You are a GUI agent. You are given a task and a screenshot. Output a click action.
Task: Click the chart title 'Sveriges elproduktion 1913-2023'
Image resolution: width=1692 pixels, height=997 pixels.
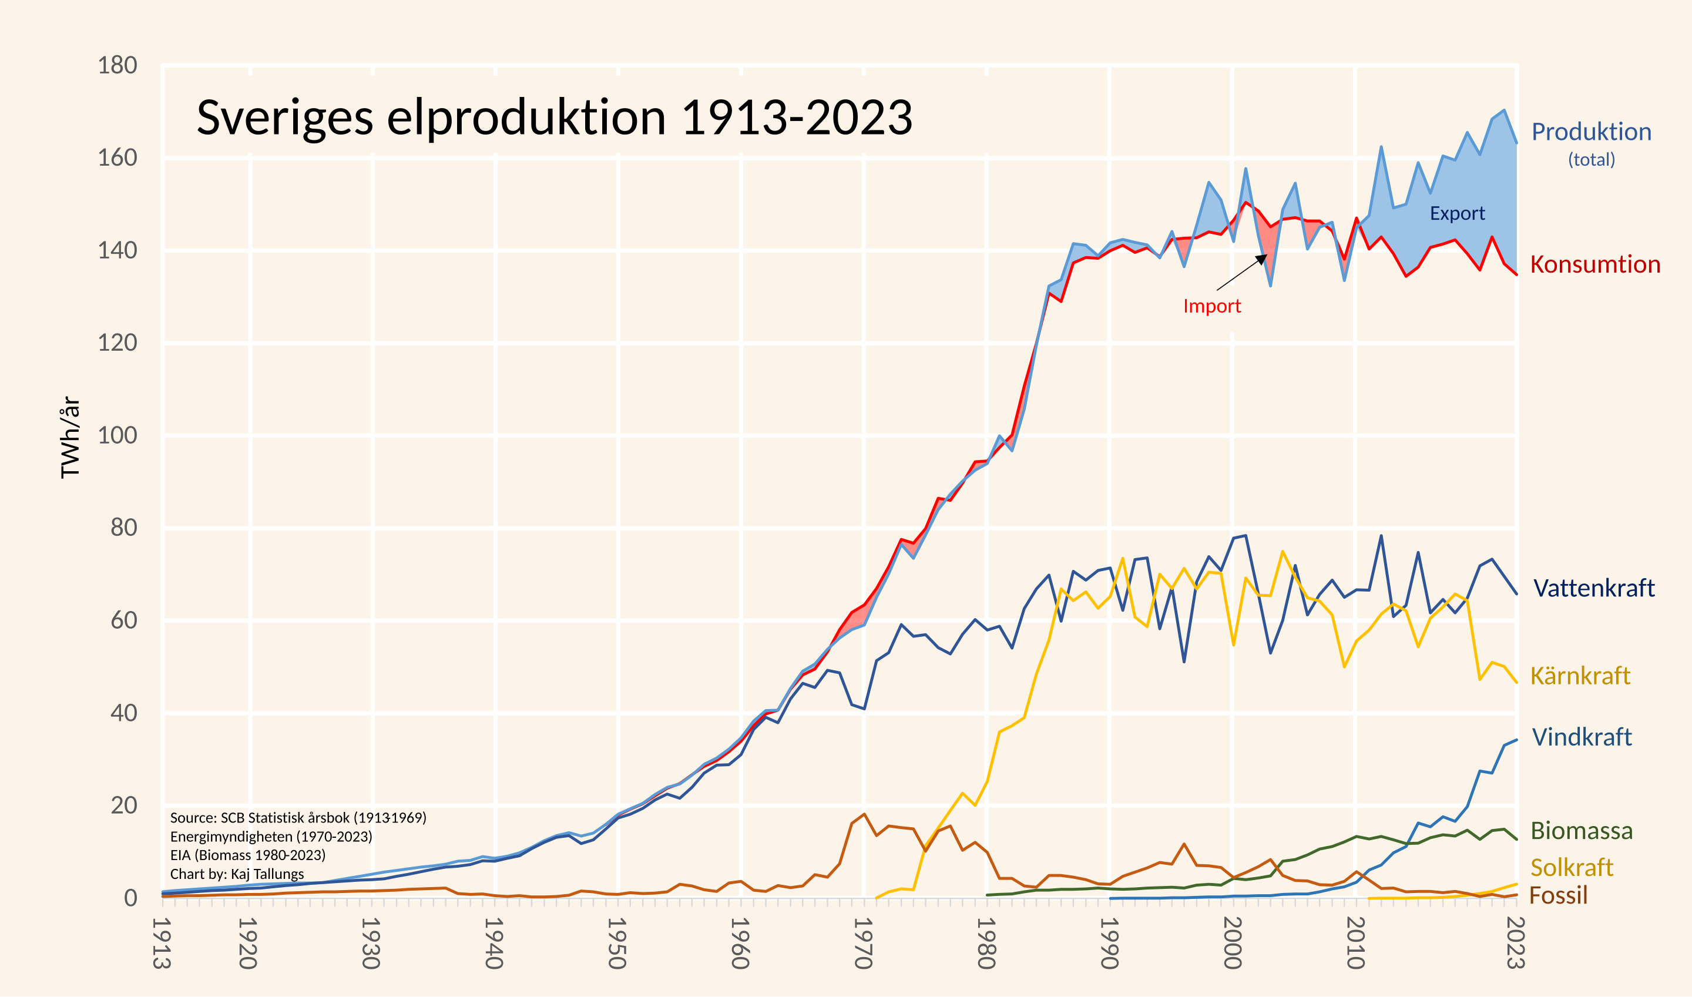click(x=554, y=118)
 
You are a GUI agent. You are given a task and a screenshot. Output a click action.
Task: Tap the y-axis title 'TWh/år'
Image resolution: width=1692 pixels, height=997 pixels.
click(x=70, y=437)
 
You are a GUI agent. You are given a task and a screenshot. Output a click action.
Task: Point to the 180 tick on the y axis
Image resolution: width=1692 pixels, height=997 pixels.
click(x=117, y=66)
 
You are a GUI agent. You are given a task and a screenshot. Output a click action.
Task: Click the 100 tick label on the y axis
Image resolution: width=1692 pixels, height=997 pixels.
click(x=117, y=435)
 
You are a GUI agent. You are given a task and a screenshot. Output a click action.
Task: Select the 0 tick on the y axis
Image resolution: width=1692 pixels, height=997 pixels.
click(x=130, y=898)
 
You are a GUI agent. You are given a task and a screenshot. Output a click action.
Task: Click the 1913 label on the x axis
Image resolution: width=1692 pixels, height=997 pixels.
click(x=161, y=944)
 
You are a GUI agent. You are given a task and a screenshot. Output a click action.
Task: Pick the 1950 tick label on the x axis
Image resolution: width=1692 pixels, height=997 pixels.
click(x=617, y=944)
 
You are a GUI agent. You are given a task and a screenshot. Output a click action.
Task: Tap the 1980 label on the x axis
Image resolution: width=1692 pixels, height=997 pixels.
click(x=986, y=944)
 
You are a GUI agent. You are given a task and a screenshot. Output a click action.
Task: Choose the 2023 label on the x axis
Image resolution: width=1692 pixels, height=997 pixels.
click(x=1515, y=944)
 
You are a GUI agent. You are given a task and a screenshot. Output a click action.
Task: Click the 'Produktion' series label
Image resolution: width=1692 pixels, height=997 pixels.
click(x=1592, y=132)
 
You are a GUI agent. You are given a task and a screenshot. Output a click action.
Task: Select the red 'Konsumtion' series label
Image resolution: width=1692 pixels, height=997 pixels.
click(x=1594, y=265)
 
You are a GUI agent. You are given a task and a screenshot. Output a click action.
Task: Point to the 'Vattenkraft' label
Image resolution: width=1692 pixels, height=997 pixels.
click(x=1593, y=589)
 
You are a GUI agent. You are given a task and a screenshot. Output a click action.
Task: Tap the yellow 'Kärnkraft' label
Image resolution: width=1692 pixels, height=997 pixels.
click(x=1580, y=676)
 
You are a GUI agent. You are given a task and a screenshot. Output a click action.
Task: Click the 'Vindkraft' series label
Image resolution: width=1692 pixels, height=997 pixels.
click(x=1581, y=737)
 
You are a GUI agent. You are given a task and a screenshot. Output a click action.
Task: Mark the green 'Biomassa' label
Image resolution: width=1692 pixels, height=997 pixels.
click(x=1581, y=831)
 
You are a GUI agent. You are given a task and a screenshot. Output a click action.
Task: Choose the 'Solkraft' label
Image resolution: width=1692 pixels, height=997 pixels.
click(x=1571, y=867)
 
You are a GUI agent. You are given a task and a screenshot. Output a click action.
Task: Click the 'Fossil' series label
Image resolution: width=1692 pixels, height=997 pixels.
click(x=1558, y=895)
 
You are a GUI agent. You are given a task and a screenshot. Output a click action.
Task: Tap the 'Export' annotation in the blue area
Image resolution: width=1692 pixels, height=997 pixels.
click(x=1457, y=214)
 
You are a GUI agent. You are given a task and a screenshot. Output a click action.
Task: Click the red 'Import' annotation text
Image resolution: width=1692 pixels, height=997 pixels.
click(x=1212, y=306)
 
